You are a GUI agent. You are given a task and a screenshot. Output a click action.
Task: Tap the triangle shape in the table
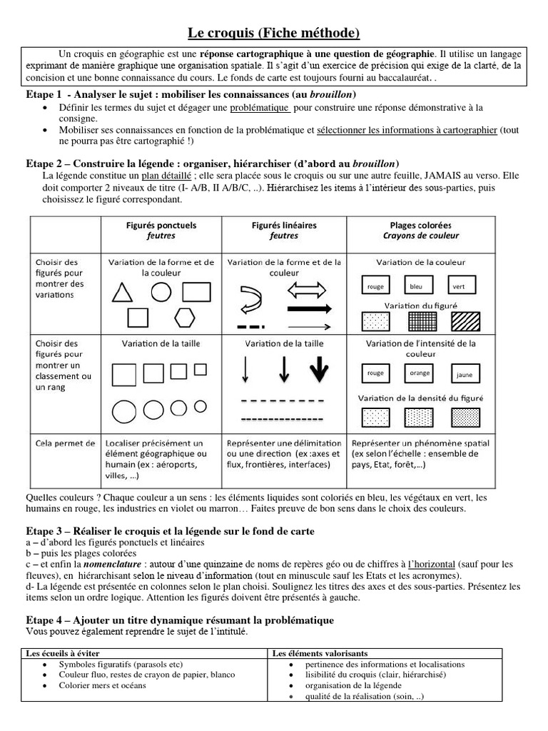tap(123, 293)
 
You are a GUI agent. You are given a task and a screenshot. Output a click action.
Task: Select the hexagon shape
tap(185, 317)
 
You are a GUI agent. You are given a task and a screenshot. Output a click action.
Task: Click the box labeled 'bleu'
tap(416, 286)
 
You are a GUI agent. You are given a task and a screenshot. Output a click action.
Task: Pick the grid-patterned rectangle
tap(419, 321)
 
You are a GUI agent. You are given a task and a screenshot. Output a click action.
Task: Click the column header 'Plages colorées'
tap(420, 225)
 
